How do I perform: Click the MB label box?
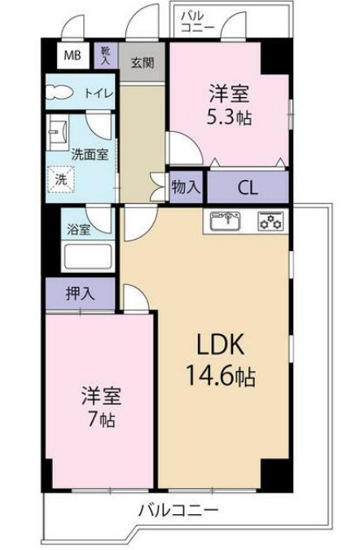(x=73, y=55)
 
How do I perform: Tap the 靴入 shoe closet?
(x=105, y=55)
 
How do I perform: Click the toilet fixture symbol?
(x=59, y=93)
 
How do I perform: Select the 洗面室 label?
(x=89, y=153)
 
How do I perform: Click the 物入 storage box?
(x=186, y=186)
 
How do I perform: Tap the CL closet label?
(x=248, y=187)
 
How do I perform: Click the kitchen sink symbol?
(x=227, y=221)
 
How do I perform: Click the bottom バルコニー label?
(x=178, y=512)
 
